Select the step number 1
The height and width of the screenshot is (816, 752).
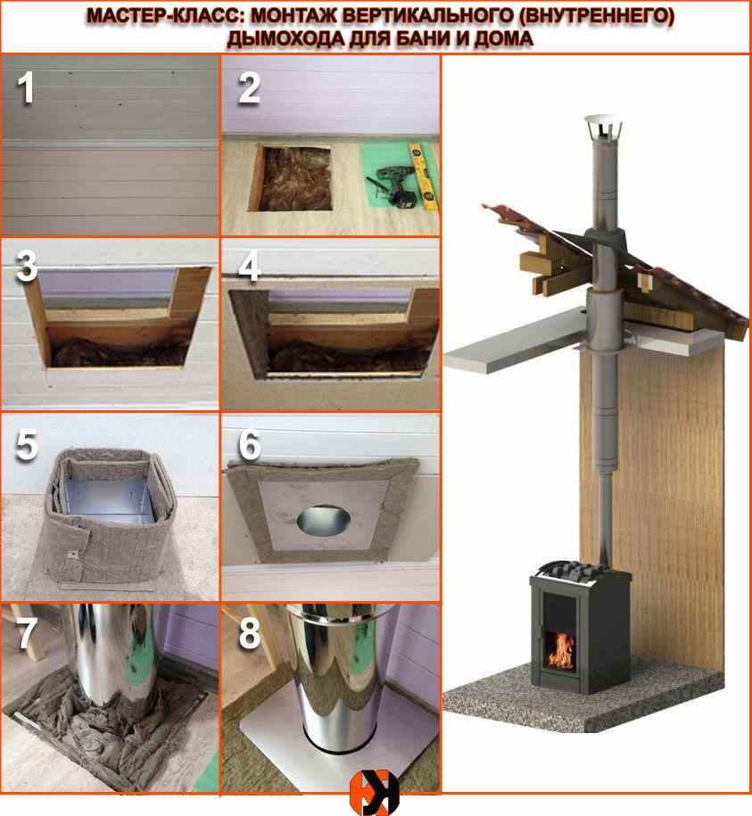point(26,88)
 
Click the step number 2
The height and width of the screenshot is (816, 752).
point(249,88)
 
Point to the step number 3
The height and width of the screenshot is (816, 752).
point(27,266)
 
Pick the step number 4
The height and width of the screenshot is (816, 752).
point(249,267)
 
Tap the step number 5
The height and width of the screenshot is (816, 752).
point(27,444)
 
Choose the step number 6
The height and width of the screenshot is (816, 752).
point(250,445)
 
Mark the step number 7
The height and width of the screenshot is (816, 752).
point(27,634)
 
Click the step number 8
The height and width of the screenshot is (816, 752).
point(250,634)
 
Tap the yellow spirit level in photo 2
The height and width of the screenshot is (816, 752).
point(423,176)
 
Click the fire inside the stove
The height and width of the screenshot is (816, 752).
point(560,650)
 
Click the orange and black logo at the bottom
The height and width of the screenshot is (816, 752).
point(374,792)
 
